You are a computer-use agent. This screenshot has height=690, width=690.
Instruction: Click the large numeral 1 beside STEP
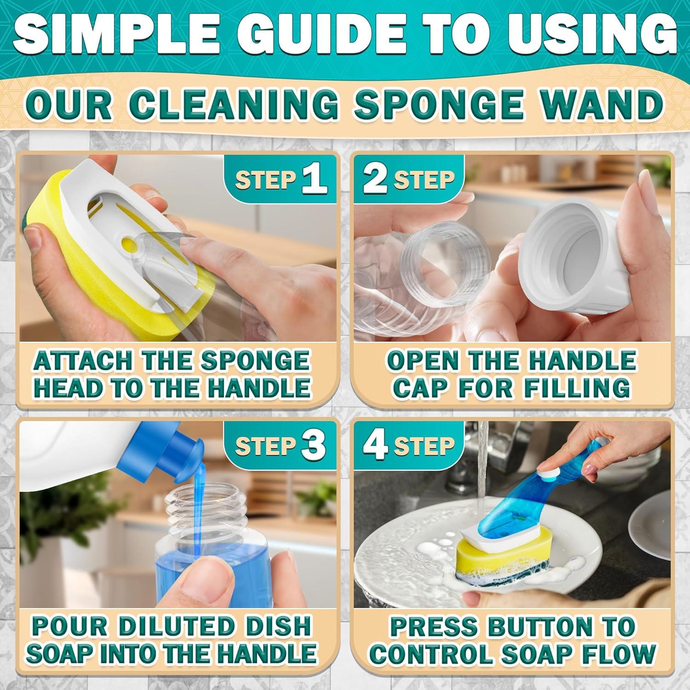tap(315, 180)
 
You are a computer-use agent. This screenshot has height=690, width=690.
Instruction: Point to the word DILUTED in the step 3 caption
tap(177, 626)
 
